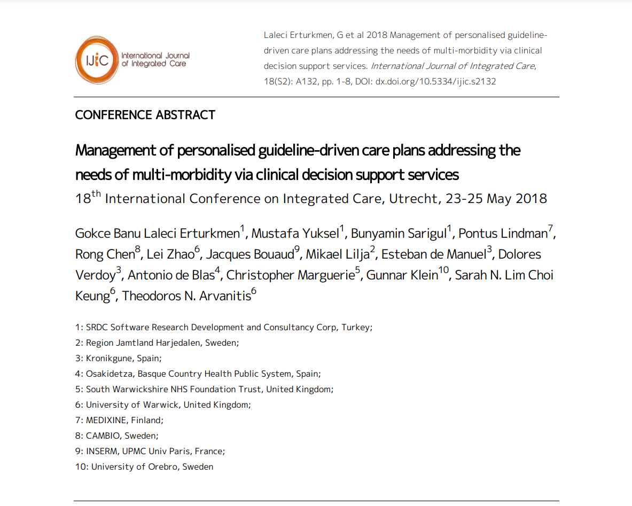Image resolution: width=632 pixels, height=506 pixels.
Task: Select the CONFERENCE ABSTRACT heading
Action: tap(145, 115)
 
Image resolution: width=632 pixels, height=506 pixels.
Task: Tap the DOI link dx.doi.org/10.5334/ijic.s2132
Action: tap(435, 82)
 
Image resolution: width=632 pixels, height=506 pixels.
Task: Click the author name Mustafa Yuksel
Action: tap(295, 233)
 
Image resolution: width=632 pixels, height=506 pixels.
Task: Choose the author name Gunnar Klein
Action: tap(401, 275)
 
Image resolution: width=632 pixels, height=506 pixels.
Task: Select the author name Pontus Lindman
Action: tap(503, 233)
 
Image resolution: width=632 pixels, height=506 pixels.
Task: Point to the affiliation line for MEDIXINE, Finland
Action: tap(119, 421)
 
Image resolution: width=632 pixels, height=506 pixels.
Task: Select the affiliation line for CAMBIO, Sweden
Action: tap(116, 436)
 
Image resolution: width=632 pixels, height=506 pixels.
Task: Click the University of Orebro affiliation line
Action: tap(144, 467)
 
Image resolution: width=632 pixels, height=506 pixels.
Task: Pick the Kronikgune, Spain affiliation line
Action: tap(118, 359)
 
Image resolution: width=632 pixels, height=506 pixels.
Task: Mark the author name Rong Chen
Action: tap(105, 254)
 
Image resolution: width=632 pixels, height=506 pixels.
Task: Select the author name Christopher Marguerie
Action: tap(290, 275)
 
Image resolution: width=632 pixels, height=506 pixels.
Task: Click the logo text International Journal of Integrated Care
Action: tap(155, 59)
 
